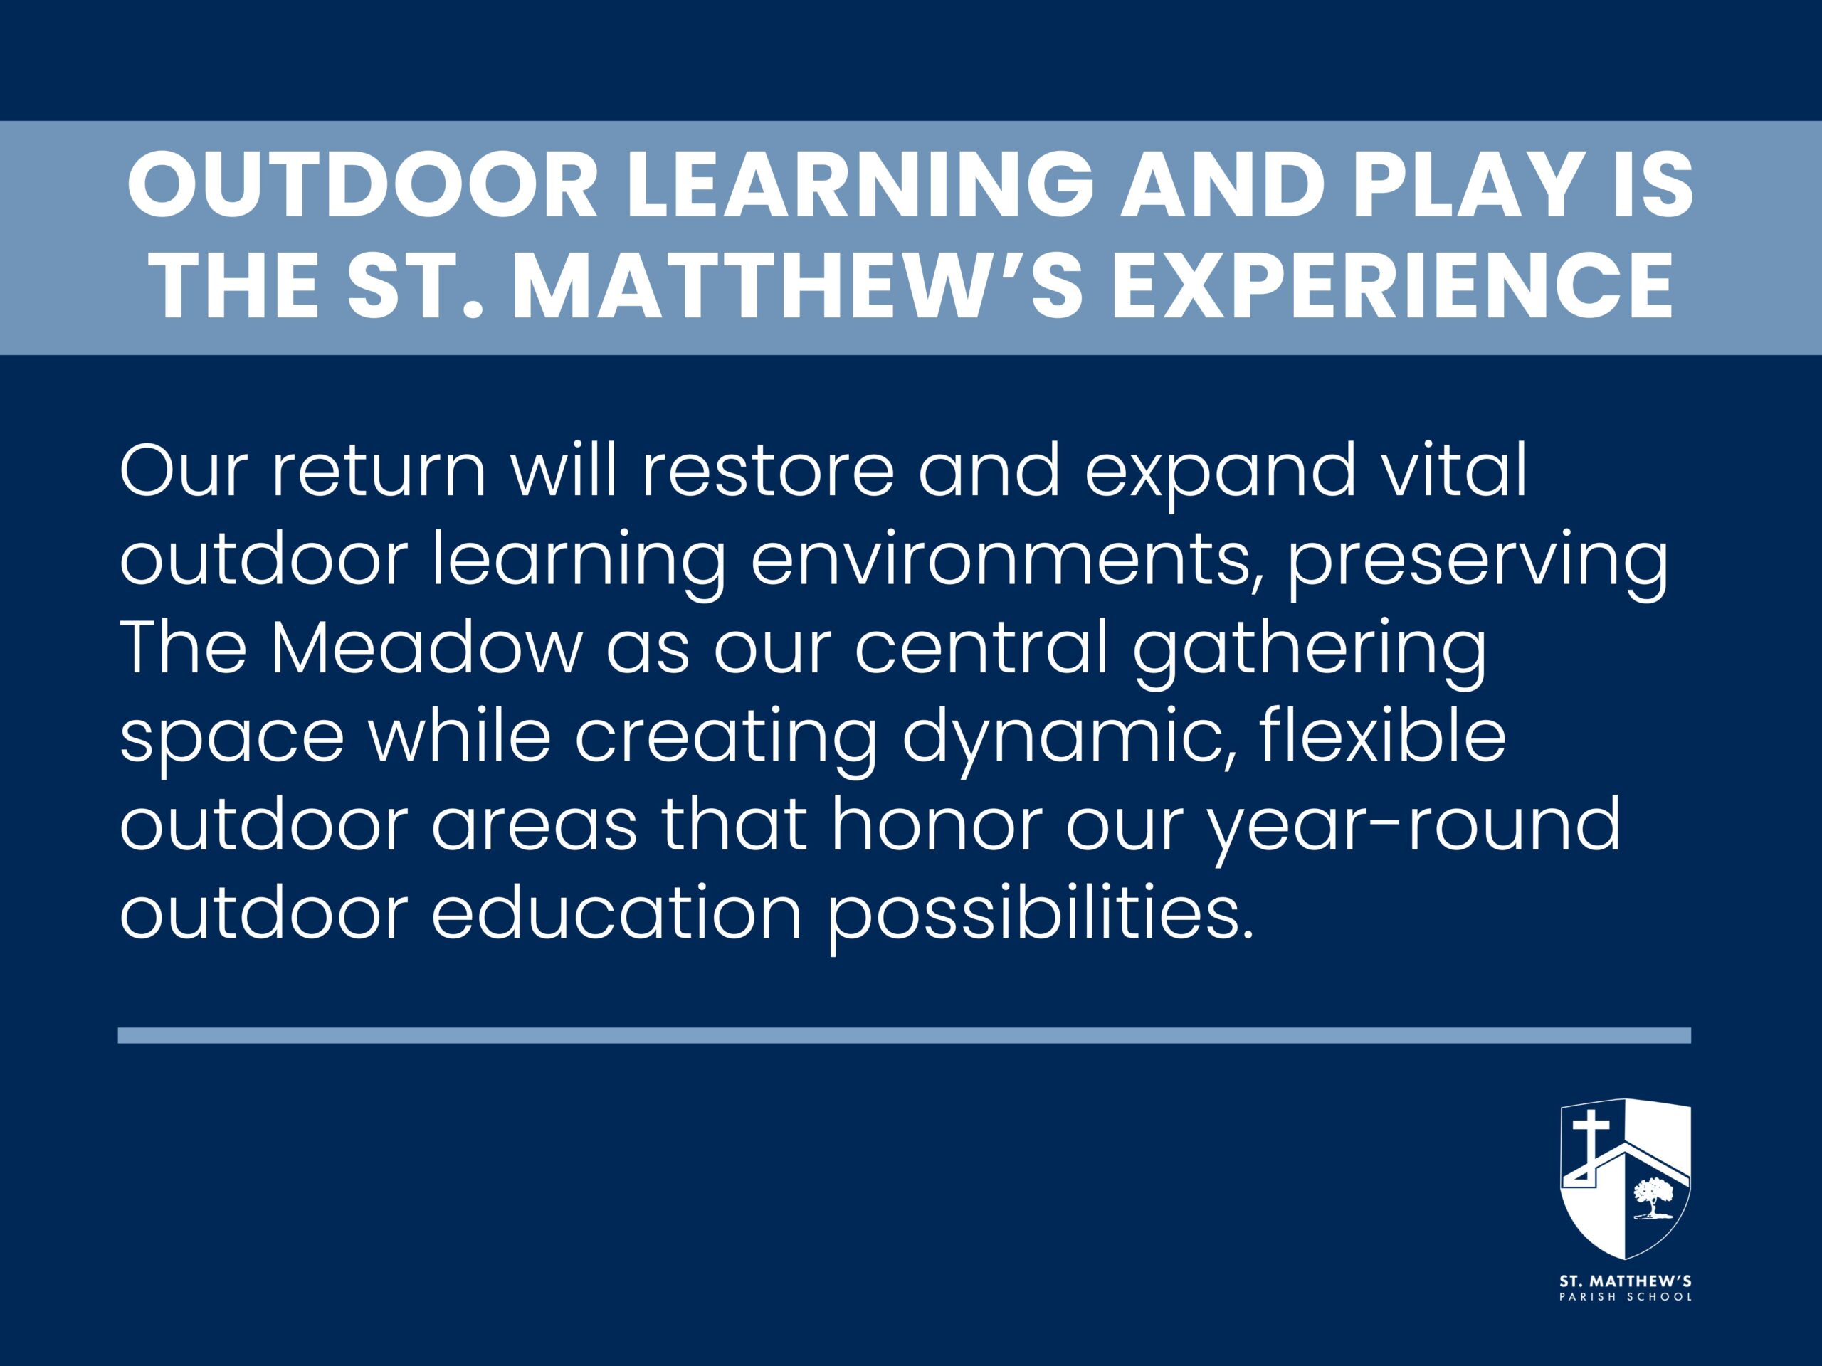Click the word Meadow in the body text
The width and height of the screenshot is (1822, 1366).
coord(426,649)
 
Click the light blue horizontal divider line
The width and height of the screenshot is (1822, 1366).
coord(905,1035)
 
